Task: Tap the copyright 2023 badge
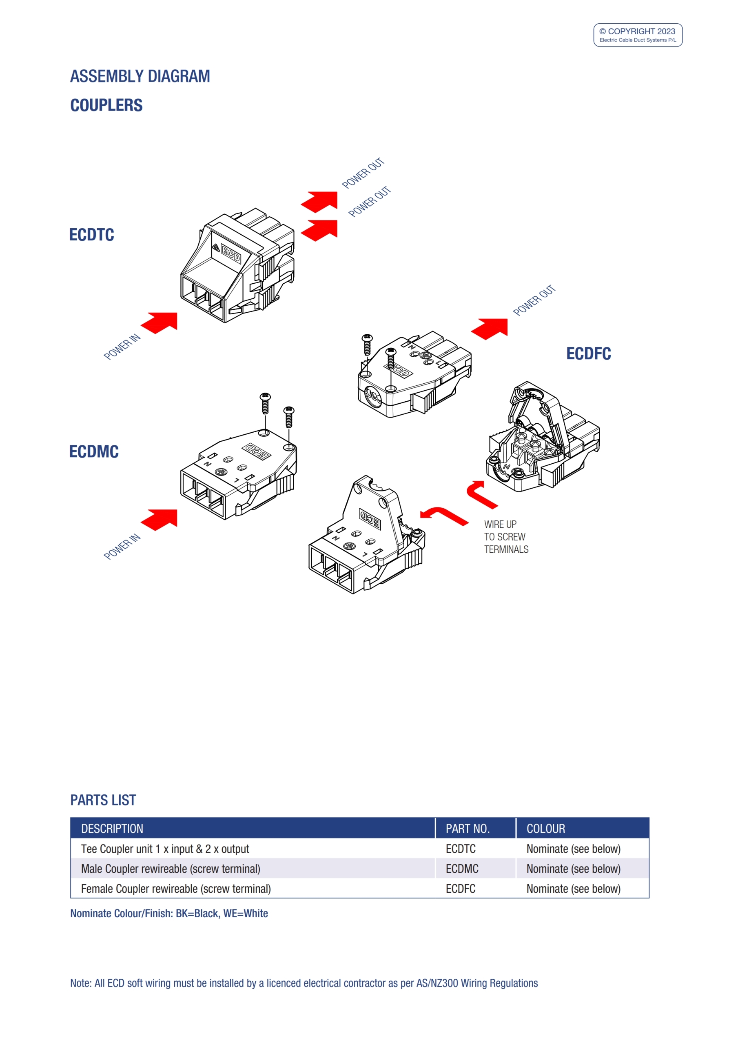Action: pyautogui.click(x=638, y=35)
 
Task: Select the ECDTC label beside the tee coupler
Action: pyautogui.click(x=91, y=235)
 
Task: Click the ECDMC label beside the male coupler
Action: pyautogui.click(x=94, y=451)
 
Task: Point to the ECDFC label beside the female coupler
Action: pyautogui.click(x=588, y=354)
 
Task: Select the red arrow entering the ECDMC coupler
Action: pyautogui.click(x=160, y=519)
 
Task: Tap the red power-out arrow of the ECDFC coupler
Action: pyautogui.click(x=490, y=328)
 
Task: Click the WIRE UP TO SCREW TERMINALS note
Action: pyautogui.click(x=505, y=537)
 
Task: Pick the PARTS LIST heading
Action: pyautogui.click(x=103, y=800)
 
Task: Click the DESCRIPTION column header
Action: pyautogui.click(x=112, y=828)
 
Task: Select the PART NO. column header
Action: pyautogui.click(x=467, y=828)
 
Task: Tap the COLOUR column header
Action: pyautogui.click(x=545, y=828)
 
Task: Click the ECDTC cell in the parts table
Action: pyautogui.click(x=461, y=849)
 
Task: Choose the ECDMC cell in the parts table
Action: pyautogui.click(x=462, y=869)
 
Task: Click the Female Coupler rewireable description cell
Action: pyautogui.click(x=176, y=889)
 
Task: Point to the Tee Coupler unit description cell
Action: pyautogui.click(x=165, y=849)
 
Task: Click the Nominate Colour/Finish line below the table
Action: pyautogui.click(x=169, y=914)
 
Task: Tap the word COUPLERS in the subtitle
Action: pyautogui.click(x=106, y=105)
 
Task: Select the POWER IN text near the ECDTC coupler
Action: pyautogui.click(x=122, y=347)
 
